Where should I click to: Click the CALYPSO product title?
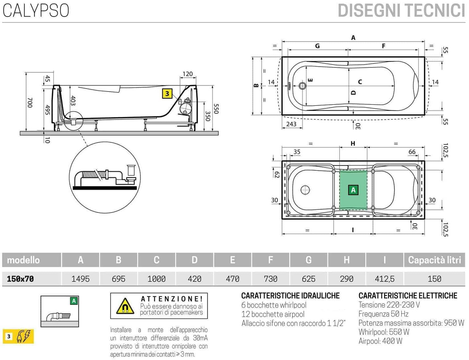pyautogui.click(x=36, y=10)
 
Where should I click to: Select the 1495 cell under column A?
pyautogui.click(x=80, y=279)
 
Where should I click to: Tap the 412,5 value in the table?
pyautogui.click(x=385, y=279)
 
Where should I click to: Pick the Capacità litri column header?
pyautogui.click(x=434, y=260)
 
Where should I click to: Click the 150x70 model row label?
pyautogui.click(x=20, y=279)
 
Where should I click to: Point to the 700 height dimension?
pyautogui.click(x=30, y=103)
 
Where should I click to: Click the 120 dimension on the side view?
pyautogui.click(x=188, y=74)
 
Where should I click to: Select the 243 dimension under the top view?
pyautogui.click(x=291, y=124)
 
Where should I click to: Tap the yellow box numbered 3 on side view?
pyautogui.click(x=167, y=94)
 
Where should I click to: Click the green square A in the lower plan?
pyautogui.click(x=353, y=190)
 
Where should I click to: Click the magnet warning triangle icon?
pyautogui.click(x=125, y=306)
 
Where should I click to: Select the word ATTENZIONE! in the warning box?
pyautogui.click(x=172, y=299)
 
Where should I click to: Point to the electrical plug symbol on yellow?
pyautogui.click(x=24, y=336)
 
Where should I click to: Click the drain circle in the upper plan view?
pyautogui.click(x=302, y=86)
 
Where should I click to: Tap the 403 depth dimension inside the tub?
pyautogui.click(x=73, y=101)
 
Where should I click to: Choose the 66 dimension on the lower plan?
pyautogui.click(x=412, y=152)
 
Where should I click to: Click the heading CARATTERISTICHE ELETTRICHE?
pyautogui.click(x=408, y=296)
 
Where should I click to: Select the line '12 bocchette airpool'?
pyautogui.click(x=273, y=314)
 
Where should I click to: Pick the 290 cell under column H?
pyautogui.click(x=347, y=279)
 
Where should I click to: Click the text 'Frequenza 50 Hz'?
pyautogui.click(x=383, y=314)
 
